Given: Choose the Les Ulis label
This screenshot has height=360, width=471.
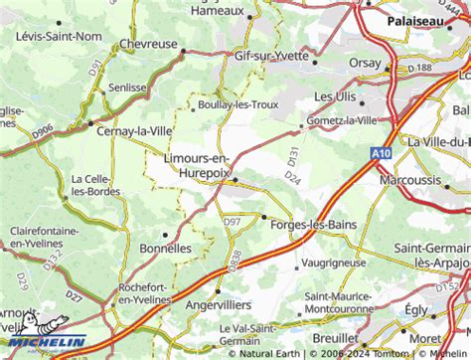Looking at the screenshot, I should (336, 96).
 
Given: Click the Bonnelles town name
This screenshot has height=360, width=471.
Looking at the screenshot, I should (165, 247).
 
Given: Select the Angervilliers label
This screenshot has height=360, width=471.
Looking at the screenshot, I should (219, 304).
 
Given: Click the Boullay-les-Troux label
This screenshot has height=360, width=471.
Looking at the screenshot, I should (236, 103).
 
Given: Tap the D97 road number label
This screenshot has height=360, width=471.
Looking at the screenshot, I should (233, 220).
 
